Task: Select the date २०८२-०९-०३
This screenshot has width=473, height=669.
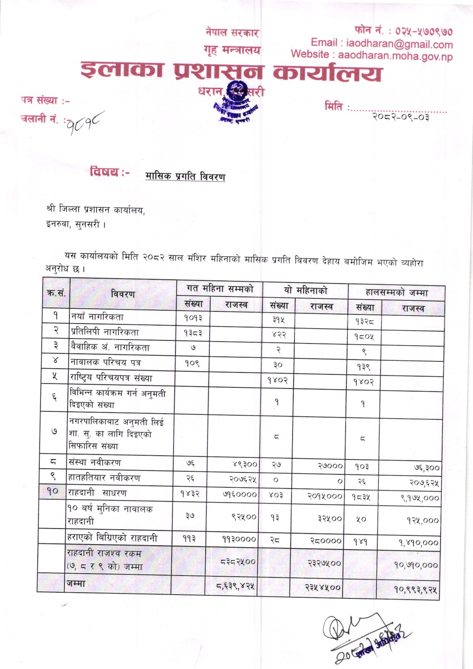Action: coord(401,117)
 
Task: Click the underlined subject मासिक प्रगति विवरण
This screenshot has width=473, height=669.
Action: coord(185,176)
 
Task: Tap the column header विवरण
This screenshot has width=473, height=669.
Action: coord(123,294)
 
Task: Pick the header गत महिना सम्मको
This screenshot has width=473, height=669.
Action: coord(220,289)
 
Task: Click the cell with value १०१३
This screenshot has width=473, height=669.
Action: coord(193,318)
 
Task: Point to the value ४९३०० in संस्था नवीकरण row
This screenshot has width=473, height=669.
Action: coord(245,464)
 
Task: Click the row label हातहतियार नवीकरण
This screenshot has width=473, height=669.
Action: coord(104,477)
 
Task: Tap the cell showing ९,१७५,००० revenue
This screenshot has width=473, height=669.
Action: coord(419,498)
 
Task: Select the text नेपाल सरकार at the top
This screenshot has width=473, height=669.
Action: coord(232,33)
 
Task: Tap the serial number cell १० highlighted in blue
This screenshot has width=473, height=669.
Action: coord(53,492)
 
